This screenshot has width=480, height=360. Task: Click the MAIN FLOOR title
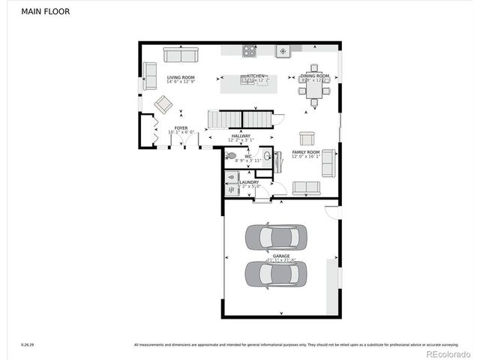point(40,12)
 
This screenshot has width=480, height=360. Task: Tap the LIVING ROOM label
point(181,77)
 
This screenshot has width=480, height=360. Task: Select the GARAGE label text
point(281,256)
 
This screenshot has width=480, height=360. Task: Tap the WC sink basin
point(267,156)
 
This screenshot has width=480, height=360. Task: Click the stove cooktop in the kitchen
point(249,51)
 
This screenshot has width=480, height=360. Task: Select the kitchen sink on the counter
point(283,51)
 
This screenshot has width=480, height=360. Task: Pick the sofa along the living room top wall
point(181,55)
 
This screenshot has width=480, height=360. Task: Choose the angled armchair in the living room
point(163,104)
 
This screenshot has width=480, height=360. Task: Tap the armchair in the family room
point(307,138)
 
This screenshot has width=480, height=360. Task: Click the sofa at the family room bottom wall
point(305,187)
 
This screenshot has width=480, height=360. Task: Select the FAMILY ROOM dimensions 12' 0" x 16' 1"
point(306,157)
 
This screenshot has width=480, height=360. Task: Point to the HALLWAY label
point(241,136)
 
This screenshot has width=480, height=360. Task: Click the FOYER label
point(181,128)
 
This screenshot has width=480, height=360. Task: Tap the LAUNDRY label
point(249,182)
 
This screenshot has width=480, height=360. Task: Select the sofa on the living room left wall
point(150,76)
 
